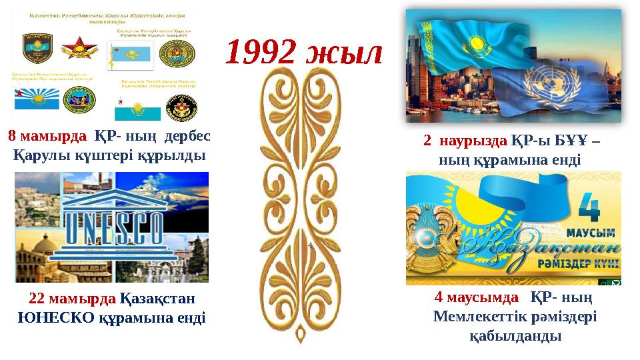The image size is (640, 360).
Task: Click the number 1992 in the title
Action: point(261,53)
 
